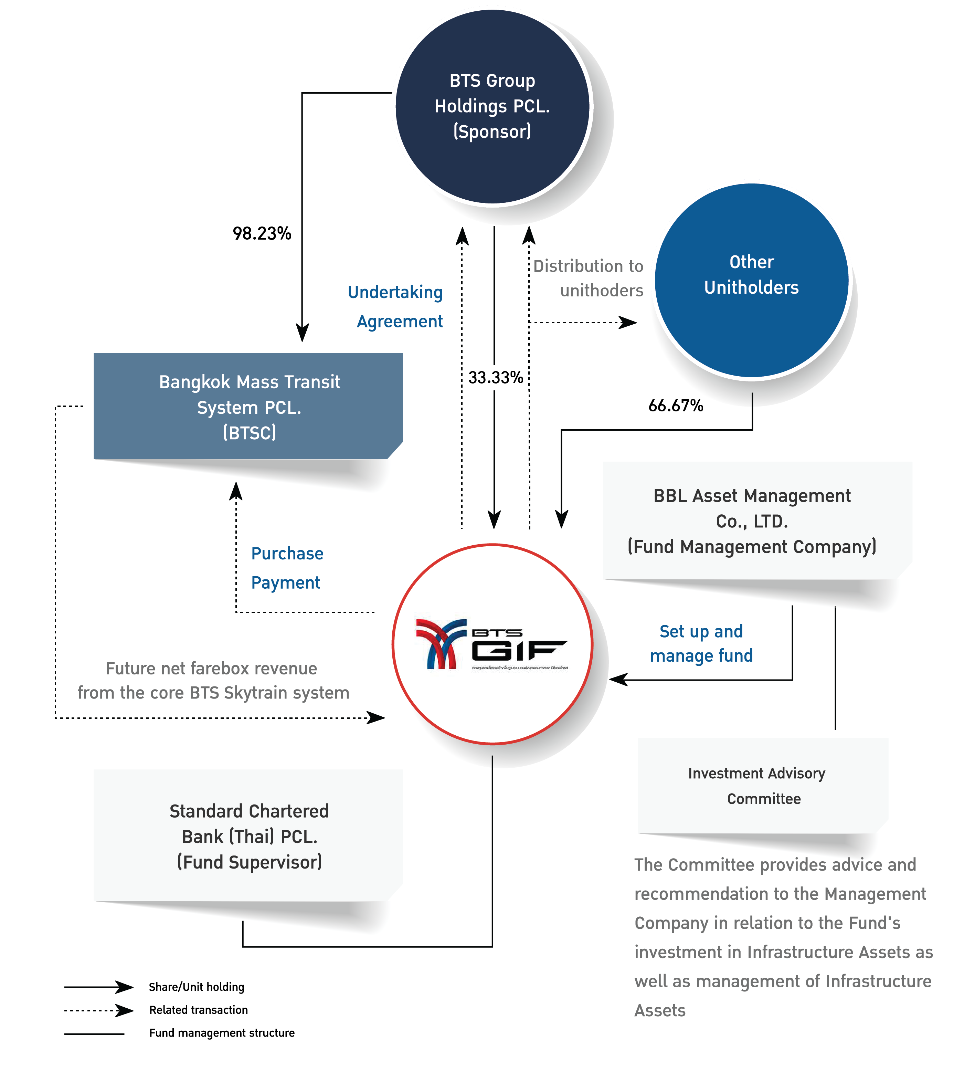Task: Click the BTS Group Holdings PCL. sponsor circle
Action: pos(492,106)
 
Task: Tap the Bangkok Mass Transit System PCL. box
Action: pos(248,407)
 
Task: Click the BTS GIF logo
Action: pos(492,644)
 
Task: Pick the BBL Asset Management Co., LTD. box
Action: pos(752,521)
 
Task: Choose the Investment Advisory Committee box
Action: pos(763,785)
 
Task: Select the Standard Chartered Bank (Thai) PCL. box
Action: pos(248,836)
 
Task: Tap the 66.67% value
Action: pos(675,406)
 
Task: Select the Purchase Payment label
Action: pos(287,568)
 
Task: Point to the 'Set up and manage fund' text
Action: pos(701,643)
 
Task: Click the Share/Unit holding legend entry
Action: pos(196,987)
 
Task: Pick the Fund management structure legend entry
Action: pos(221,1033)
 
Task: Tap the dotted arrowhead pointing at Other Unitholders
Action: pos(629,322)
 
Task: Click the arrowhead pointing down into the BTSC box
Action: pos(302,333)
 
